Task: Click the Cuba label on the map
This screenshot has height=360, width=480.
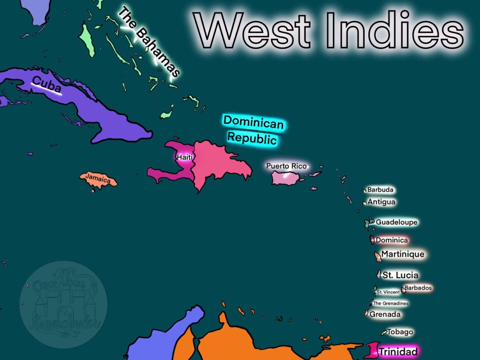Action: point(46,85)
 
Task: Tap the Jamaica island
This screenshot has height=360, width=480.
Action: point(98,179)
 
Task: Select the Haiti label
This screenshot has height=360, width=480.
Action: point(185,157)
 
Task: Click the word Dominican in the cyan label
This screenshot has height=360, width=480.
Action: point(253,122)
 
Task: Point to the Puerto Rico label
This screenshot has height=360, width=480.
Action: point(286,166)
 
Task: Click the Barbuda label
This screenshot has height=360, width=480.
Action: point(380,190)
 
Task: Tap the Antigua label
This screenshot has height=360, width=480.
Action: point(381,202)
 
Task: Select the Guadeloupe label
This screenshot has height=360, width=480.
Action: point(396,222)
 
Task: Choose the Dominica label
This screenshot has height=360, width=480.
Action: point(391,240)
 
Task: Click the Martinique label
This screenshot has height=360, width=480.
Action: point(402,254)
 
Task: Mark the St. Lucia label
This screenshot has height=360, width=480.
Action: point(400,275)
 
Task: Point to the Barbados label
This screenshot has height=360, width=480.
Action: point(418,288)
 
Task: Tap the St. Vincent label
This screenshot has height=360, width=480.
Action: point(388,292)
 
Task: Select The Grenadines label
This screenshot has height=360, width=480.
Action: point(390,303)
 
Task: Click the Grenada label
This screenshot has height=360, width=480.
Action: point(385,314)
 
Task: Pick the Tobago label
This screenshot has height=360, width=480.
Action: point(400,332)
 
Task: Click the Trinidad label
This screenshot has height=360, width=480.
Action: point(398,352)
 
